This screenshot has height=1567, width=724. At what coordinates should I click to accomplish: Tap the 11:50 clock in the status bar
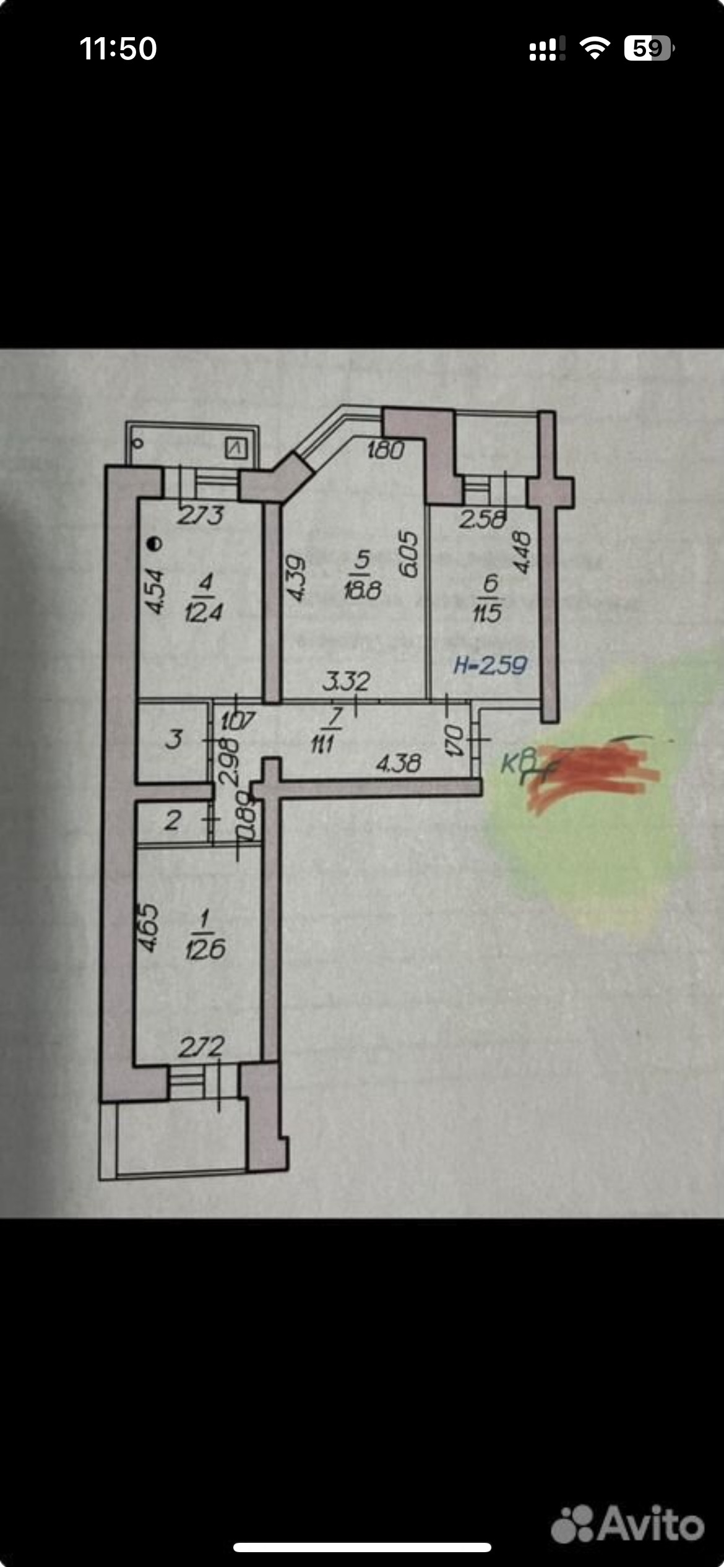coord(118,48)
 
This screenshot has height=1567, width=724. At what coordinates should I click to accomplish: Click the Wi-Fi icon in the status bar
coord(594,48)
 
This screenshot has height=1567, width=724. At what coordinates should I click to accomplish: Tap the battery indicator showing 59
coord(648,48)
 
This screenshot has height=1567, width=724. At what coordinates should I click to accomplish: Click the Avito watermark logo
coord(627,1523)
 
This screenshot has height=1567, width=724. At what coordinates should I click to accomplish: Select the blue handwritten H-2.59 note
coord(490,665)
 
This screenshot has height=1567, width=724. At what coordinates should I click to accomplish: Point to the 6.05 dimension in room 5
coord(409,554)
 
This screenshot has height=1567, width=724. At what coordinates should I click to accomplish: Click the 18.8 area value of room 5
coord(362,590)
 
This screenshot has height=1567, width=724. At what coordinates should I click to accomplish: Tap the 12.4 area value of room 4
coord(204,613)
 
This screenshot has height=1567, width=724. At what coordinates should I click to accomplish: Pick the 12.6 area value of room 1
coord(205,949)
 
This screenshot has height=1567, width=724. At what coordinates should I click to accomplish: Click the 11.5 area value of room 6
coord(487,613)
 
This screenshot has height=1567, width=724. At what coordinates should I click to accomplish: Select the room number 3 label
coord(174,739)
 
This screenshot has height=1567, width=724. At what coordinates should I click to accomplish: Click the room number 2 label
coord(173,821)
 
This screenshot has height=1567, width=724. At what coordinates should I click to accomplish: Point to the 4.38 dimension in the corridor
coord(399,763)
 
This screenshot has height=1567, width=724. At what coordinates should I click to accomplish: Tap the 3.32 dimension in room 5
coord(346,681)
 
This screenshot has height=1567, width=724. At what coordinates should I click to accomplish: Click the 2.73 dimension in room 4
coord(200,515)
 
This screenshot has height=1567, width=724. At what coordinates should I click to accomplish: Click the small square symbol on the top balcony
coord(236,447)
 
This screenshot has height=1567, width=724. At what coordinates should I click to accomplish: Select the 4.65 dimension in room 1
coord(149,927)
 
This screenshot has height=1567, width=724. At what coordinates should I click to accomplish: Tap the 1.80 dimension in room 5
coord(385,450)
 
